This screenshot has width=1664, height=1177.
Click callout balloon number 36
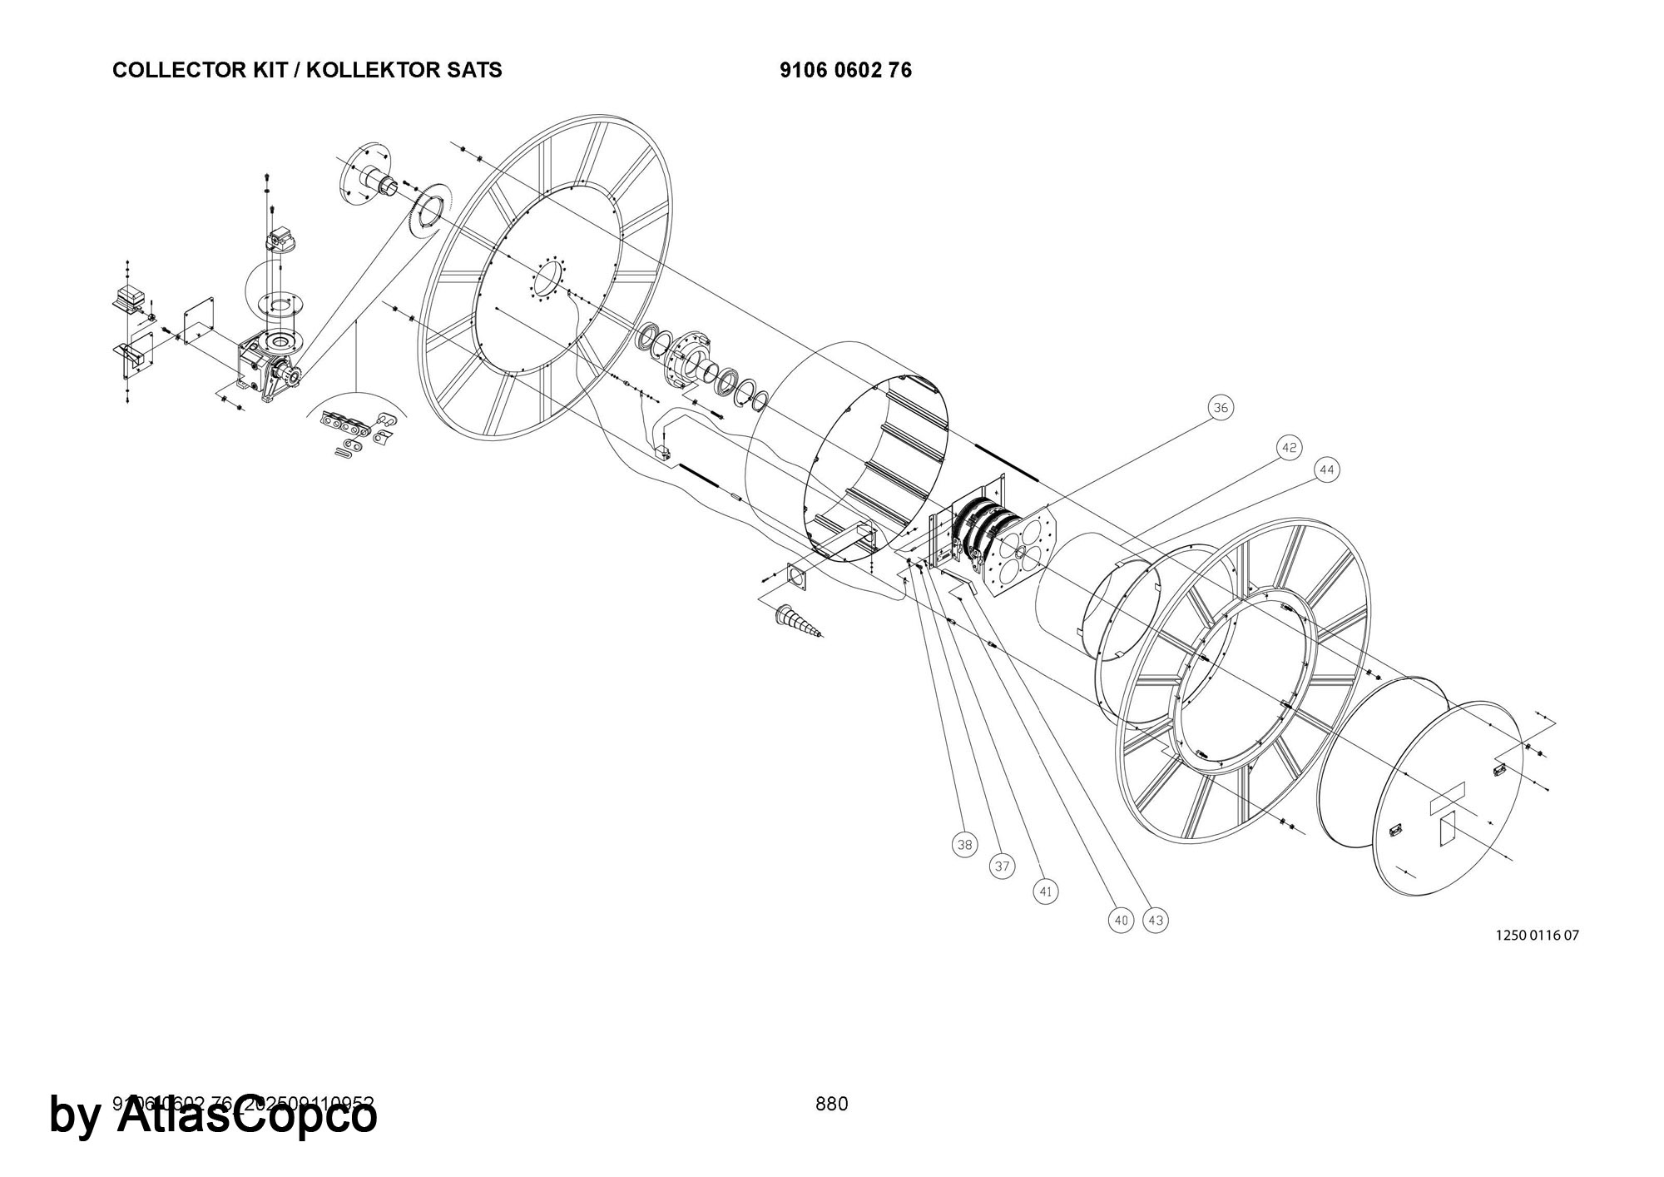(1220, 408)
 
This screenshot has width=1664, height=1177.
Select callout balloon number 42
(1289, 448)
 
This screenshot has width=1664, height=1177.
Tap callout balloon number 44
(1327, 470)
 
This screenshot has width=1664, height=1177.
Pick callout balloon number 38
(964, 845)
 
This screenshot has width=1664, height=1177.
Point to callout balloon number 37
(1003, 867)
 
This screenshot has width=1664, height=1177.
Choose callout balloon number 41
(1046, 892)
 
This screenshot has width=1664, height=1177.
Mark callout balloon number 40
(1122, 920)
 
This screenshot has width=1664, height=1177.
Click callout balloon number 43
(1156, 920)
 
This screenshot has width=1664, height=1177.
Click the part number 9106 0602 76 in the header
(845, 71)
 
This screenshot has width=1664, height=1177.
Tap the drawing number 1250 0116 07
(1537, 935)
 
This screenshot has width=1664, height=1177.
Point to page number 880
(831, 1104)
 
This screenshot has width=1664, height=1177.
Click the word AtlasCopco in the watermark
(246, 1115)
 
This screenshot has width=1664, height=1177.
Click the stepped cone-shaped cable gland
(798, 623)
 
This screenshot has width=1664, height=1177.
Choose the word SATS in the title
(476, 71)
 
